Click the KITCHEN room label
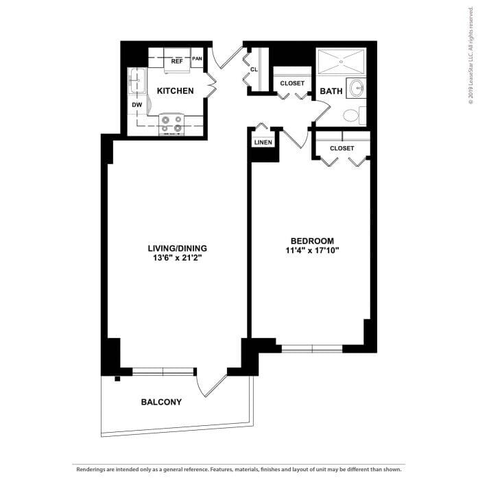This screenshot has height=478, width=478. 175,91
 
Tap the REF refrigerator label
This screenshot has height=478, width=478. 177,61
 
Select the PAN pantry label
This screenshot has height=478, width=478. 197,59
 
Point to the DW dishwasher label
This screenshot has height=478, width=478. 136,104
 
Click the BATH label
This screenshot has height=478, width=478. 331,91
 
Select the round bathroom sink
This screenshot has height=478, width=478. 356,88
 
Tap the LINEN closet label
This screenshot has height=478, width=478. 263,143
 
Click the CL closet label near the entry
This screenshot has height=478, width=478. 254,69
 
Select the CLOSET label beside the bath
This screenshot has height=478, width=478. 293,84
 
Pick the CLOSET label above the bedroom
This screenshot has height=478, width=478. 342,148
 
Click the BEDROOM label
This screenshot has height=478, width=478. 312,241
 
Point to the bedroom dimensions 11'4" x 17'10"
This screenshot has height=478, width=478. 312,251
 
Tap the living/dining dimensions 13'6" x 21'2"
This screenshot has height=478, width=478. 177,258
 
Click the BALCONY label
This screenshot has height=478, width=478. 161,402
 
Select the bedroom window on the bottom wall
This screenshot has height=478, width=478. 312,348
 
